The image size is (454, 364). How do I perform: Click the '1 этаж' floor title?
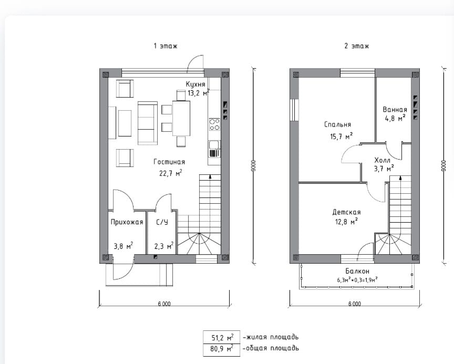[166, 46]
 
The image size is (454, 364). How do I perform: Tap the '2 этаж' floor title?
[356, 46]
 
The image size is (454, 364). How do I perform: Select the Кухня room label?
[195, 84]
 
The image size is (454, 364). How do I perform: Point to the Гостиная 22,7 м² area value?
[171, 173]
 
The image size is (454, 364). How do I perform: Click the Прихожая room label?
[127, 222]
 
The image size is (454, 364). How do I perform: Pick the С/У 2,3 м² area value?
[164, 246]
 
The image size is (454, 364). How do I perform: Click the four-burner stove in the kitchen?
[214, 124]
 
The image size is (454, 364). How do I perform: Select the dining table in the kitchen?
[181, 118]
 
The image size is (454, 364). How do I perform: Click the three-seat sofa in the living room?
[148, 123]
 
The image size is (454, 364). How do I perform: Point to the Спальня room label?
[337, 124]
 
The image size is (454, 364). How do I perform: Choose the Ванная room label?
[395, 109]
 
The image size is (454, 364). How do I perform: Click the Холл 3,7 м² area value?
[384, 168]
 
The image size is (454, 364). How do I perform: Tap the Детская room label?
[346, 212]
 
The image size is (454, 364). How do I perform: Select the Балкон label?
[357, 271]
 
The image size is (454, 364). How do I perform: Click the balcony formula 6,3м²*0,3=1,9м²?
[357, 280]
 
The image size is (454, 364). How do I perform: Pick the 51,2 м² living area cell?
[222, 337]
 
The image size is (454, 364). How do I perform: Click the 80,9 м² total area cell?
[222, 349]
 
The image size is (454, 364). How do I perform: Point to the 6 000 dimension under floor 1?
[164, 304]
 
